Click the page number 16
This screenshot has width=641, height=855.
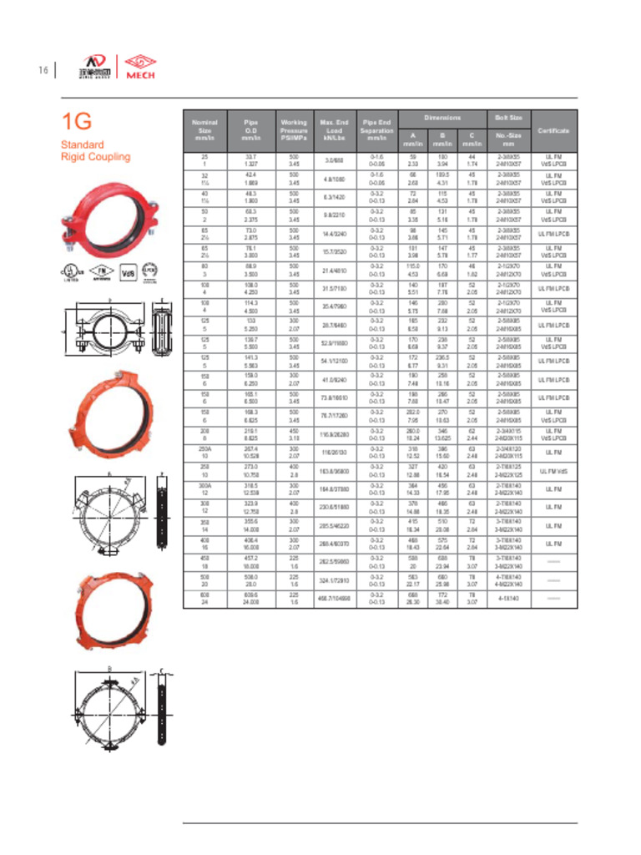point(42,69)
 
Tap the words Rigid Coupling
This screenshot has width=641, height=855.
point(95,157)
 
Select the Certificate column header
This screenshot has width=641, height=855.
point(553,131)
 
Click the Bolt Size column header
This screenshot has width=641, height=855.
point(508,119)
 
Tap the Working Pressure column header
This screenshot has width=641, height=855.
point(294,131)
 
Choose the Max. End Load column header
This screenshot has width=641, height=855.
point(334,131)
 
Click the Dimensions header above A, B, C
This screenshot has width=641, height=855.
point(442,118)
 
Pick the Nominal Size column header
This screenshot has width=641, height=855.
point(204,131)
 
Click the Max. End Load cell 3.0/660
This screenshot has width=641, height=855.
point(334,160)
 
